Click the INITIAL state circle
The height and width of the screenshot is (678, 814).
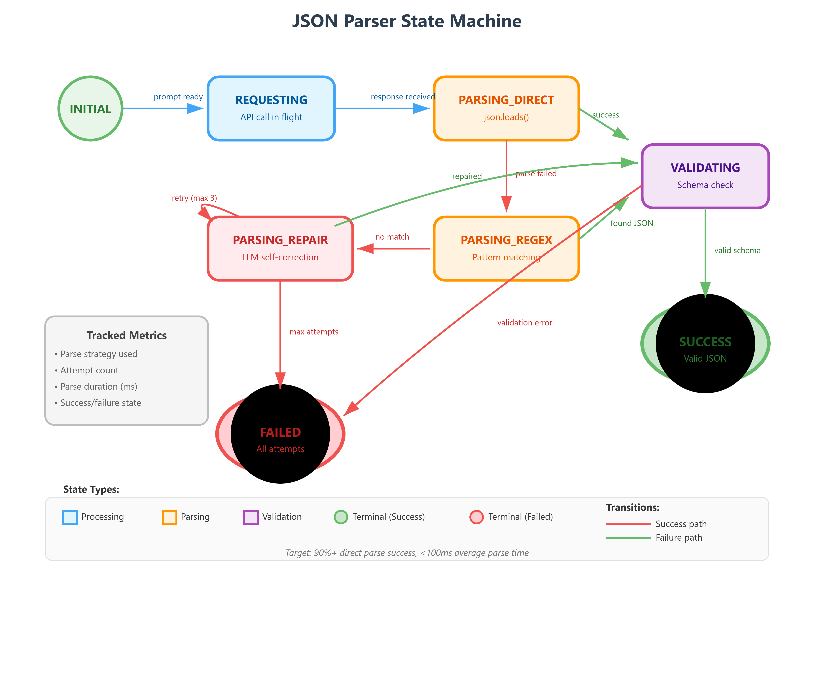coord(90,108)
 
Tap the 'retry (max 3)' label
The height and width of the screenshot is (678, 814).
coord(194,198)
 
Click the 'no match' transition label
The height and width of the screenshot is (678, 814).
coord(392,237)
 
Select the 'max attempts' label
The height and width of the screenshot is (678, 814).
coord(314,332)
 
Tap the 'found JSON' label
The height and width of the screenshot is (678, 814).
coord(631,223)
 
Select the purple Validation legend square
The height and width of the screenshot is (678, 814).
coord(251,517)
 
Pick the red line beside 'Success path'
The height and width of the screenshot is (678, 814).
coord(628,524)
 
